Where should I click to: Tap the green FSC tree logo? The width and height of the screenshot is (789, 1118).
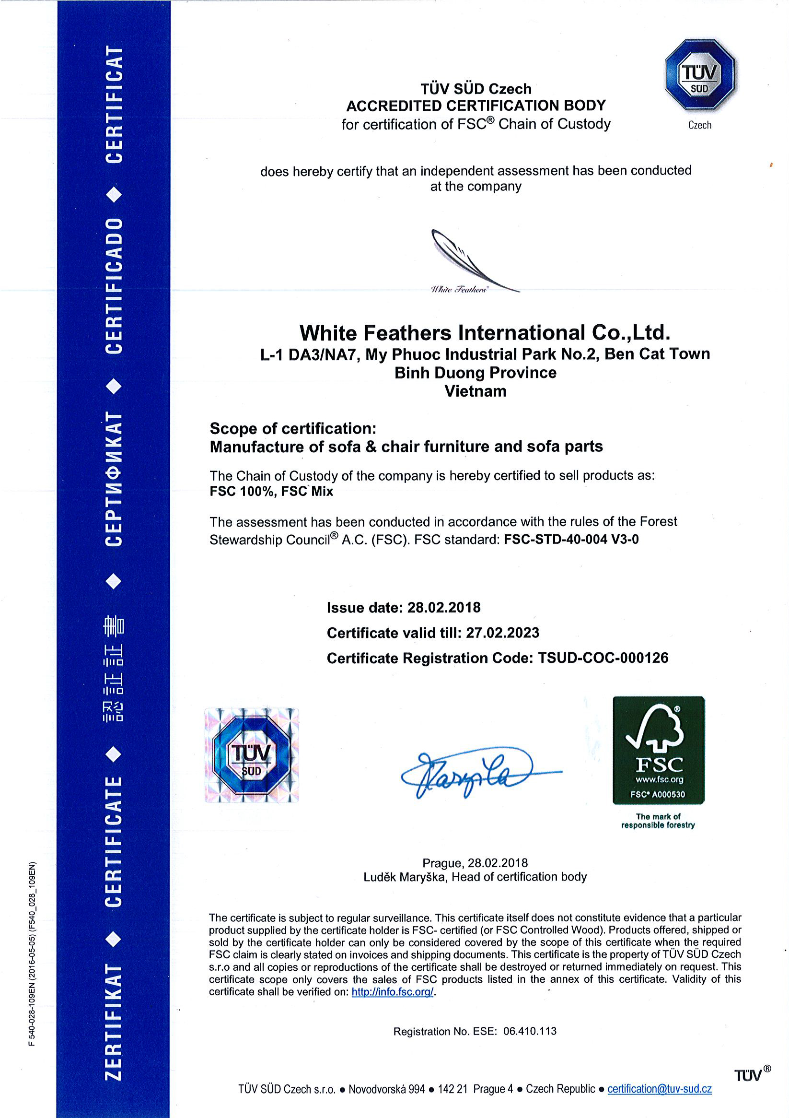click(658, 750)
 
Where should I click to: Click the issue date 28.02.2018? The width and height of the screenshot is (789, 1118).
click(443, 607)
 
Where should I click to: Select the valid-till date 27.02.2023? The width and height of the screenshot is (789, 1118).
click(502, 633)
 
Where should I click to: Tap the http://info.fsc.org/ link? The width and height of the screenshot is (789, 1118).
click(392, 992)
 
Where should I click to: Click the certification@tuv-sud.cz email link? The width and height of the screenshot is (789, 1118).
click(659, 1089)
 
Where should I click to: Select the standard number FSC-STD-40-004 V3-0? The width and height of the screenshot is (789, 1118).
click(571, 540)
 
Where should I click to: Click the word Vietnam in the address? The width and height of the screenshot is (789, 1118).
click(475, 391)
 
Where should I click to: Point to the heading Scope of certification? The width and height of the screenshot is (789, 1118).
click(293, 428)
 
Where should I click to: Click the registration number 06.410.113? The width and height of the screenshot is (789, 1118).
click(530, 1031)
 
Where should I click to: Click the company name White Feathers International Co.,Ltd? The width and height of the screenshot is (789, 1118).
click(485, 333)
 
